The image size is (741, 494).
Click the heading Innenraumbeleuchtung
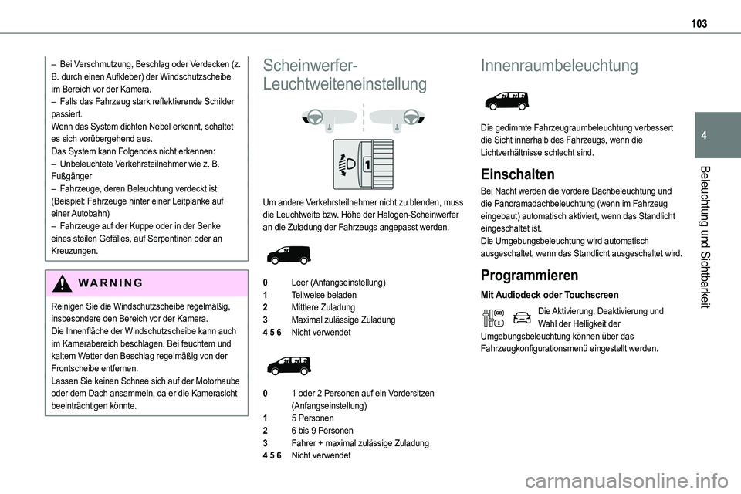pyautogui.click(x=558, y=66)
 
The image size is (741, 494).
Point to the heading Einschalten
pyautogui.click(x=516, y=174)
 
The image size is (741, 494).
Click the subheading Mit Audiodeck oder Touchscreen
pyautogui.click(x=549, y=294)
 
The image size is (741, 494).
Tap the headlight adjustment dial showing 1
pyautogui.click(x=364, y=164)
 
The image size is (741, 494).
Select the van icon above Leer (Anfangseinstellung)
pyautogui.click(x=292, y=252)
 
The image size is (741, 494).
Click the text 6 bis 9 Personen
pyautogui.click(x=322, y=431)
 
